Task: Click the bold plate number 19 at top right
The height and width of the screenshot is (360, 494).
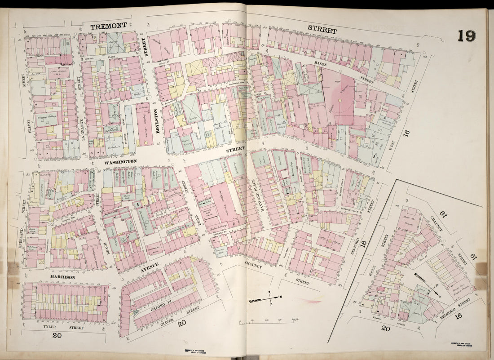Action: coord(467,36)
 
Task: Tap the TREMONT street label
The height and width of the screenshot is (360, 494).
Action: coord(108,27)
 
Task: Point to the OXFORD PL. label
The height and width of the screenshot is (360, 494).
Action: coord(161,307)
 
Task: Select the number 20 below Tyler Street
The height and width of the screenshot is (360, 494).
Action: coord(57,335)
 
